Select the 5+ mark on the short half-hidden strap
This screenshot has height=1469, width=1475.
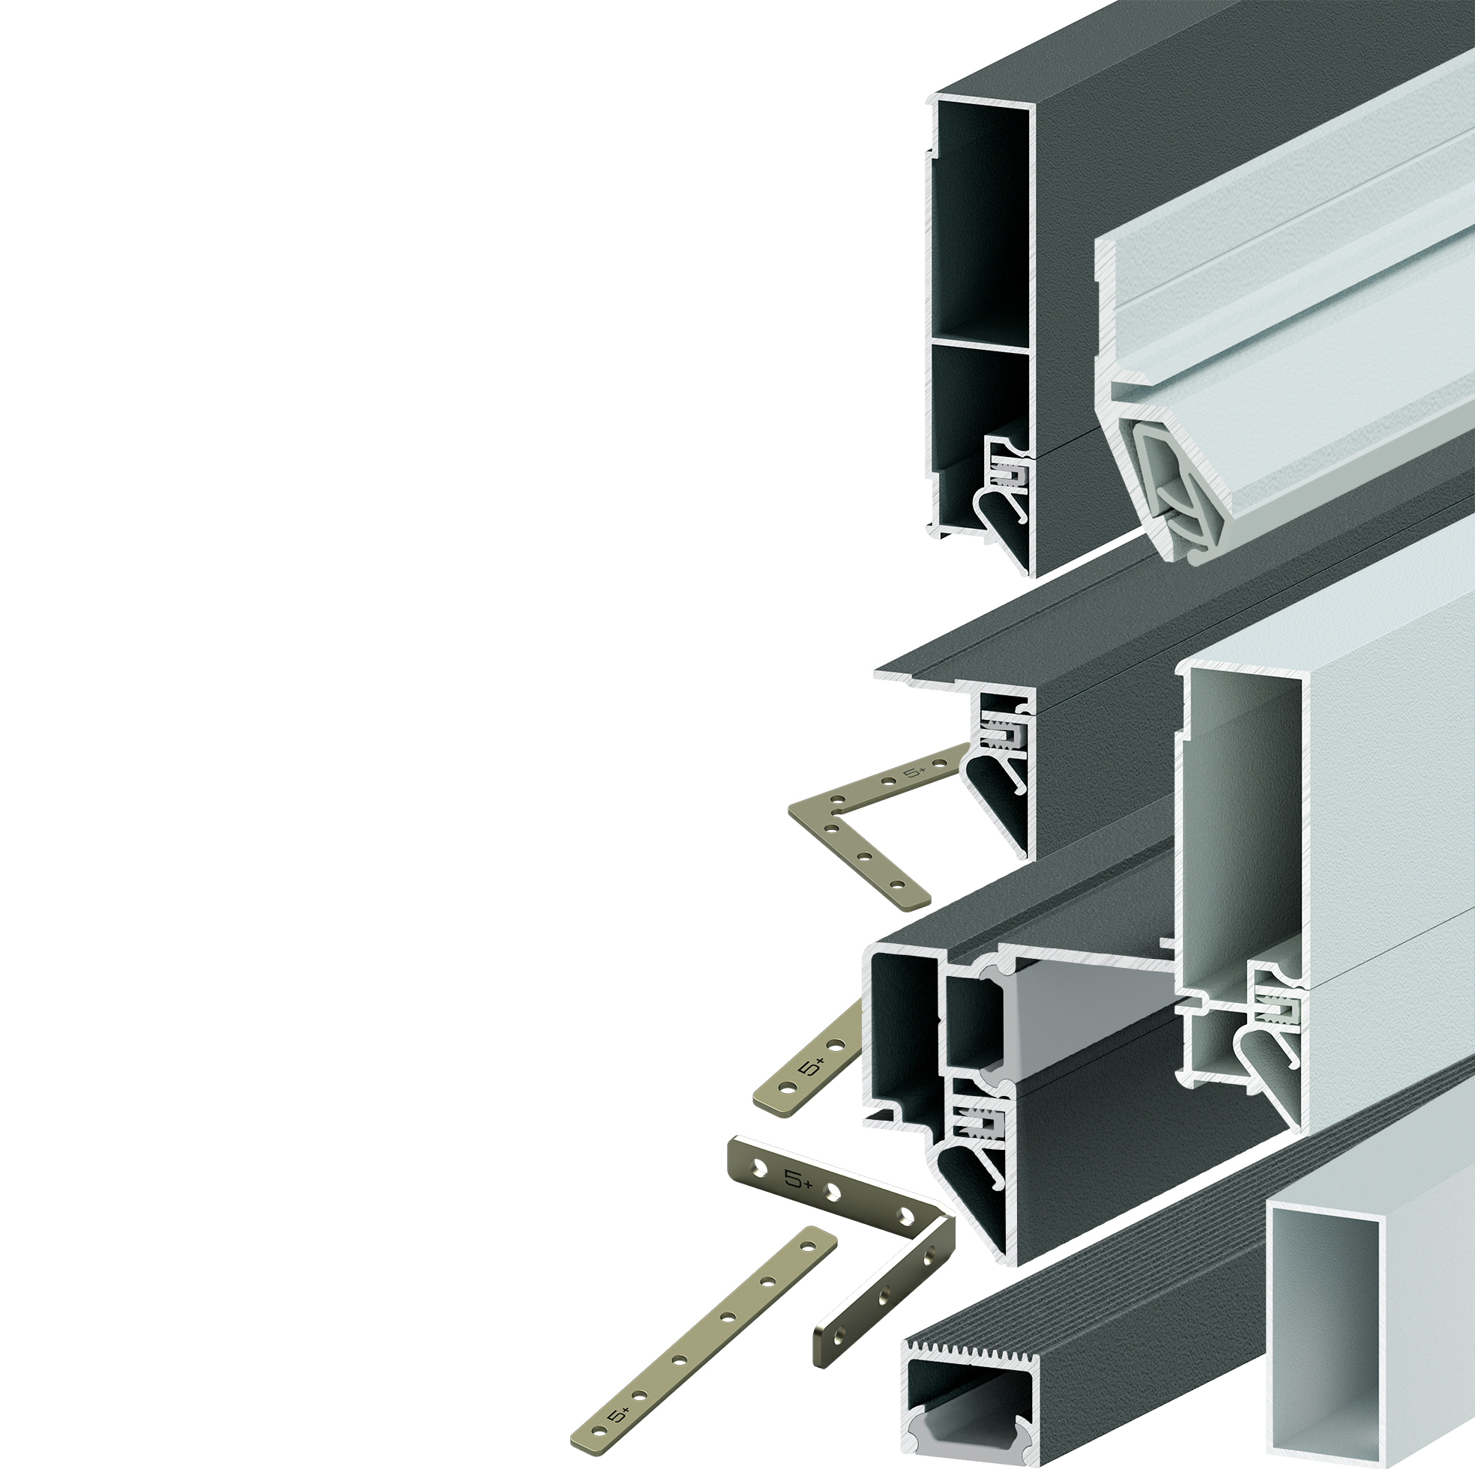[x=812, y=1067]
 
